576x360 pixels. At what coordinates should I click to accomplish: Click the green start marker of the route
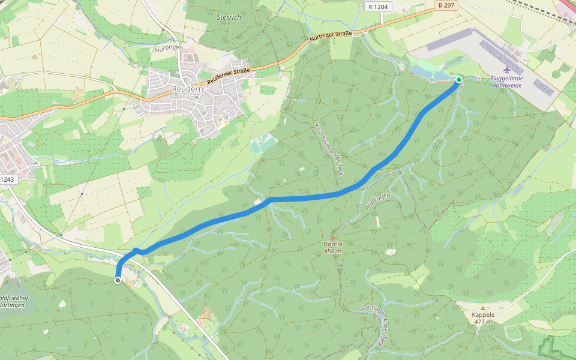tap(459, 80)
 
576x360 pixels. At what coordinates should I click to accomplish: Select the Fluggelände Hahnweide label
tap(506, 82)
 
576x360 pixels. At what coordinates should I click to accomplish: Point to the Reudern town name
tap(188, 88)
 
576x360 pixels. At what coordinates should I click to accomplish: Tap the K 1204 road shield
tap(378, 6)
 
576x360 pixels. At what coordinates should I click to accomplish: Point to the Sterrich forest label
tap(228, 17)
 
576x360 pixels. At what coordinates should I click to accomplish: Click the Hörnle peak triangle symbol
tap(332, 238)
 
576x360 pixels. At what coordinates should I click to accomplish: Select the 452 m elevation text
tap(332, 251)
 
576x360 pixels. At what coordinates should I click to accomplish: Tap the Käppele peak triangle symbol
tap(483, 308)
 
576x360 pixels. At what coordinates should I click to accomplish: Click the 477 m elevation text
tap(483, 322)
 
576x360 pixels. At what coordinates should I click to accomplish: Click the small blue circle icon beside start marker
tap(477, 79)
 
